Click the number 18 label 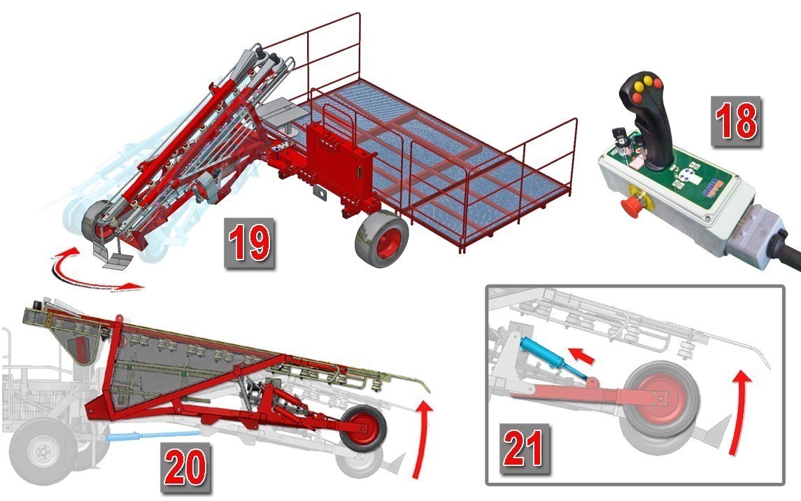[x=736, y=122]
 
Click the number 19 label [x=249, y=243]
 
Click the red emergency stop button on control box [x=632, y=205]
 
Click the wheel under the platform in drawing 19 [x=382, y=239]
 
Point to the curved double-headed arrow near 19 [x=92, y=271]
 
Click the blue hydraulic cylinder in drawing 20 [x=153, y=436]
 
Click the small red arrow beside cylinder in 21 [x=582, y=355]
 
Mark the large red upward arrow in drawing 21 [x=739, y=411]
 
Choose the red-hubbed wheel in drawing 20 [x=363, y=428]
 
